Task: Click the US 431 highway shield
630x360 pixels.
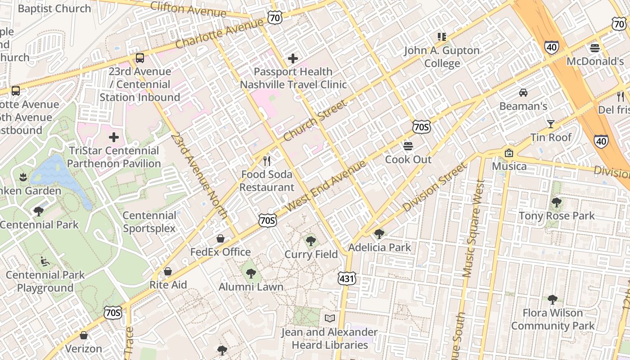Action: (347, 279)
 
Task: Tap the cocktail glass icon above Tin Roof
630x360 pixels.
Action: (550, 124)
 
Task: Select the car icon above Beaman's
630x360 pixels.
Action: (523, 93)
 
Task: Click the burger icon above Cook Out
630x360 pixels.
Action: (408, 146)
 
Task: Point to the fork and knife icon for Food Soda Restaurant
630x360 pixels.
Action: (267, 161)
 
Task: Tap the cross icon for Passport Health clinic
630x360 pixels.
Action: (293, 58)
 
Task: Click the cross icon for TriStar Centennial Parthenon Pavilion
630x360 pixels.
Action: (114, 137)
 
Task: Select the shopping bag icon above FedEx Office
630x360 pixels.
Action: (220, 238)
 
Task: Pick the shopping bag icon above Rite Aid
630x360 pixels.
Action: (168, 271)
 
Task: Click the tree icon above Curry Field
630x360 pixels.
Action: (311, 241)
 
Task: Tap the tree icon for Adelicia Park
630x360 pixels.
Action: (379, 234)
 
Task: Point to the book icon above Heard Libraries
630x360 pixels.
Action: (330, 319)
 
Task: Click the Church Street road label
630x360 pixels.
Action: (315, 120)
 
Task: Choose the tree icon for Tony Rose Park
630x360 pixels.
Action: (557, 202)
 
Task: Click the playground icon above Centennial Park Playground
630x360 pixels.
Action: (45, 261)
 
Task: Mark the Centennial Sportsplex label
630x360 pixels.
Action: (149, 222)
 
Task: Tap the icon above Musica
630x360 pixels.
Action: (509, 153)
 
